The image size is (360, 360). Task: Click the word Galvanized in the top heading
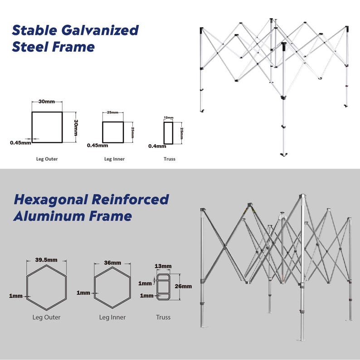(x=100, y=30)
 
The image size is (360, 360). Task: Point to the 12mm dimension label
(x=169, y=117)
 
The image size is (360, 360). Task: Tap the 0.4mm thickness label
(x=157, y=146)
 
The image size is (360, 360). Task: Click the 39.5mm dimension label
(x=46, y=260)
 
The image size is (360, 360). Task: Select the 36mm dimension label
(x=112, y=263)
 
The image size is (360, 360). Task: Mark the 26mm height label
(x=183, y=286)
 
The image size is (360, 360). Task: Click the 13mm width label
(x=163, y=266)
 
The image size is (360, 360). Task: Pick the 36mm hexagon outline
(x=94, y=287)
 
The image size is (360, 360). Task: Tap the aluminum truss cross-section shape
(x=157, y=287)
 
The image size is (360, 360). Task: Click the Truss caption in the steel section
(x=170, y=159)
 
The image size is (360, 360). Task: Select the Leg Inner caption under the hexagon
(x=112, y=317)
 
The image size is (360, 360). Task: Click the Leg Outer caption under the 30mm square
(x=47, y=159)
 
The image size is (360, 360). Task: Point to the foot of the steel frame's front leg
(x=284, y=155)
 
